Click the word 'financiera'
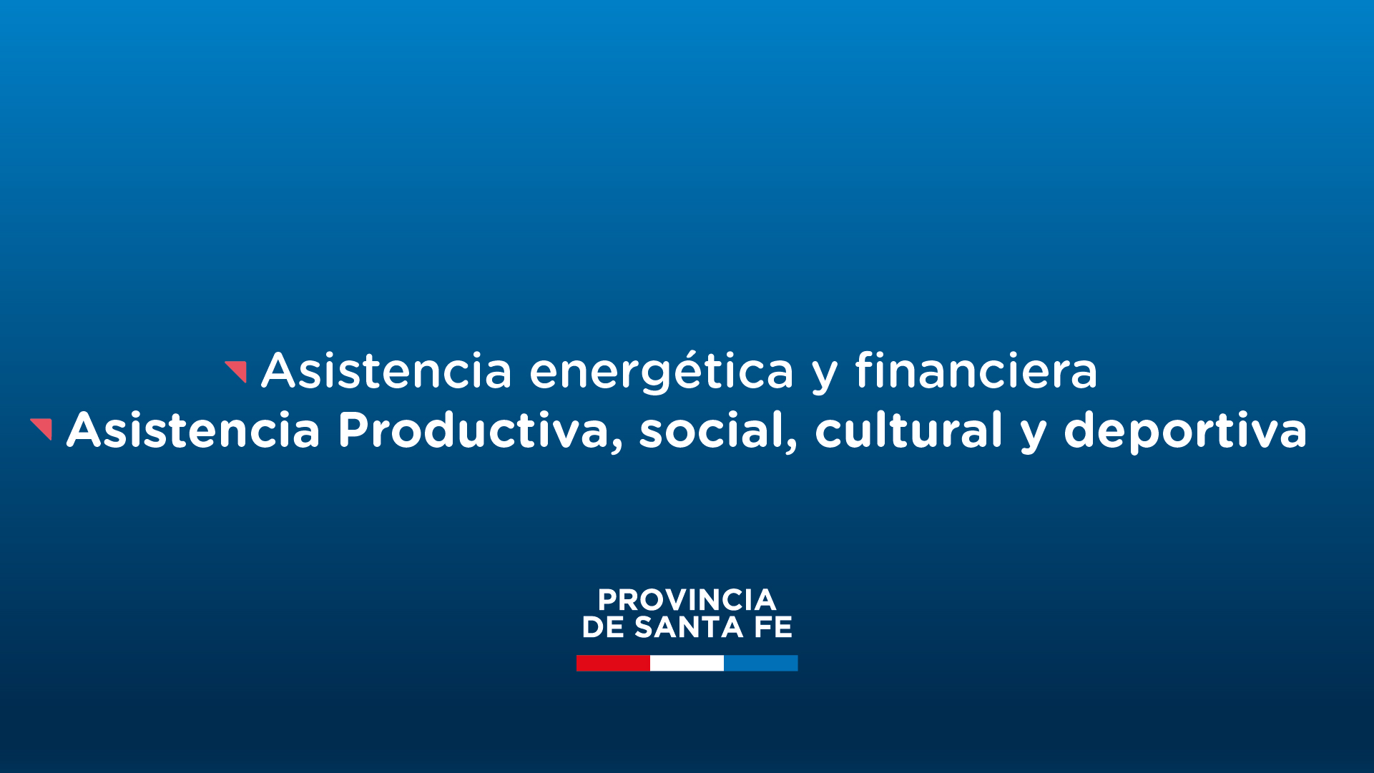976,370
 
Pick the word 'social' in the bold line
712,430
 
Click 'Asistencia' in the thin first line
387,370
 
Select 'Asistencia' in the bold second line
193,430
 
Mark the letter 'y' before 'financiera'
825,376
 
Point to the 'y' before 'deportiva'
1034,435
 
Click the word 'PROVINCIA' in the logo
687,599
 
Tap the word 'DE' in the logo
603,627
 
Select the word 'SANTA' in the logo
688,627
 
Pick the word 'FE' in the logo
773,627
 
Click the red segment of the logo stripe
613,663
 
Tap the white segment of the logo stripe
687,663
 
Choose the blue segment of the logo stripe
760,663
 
